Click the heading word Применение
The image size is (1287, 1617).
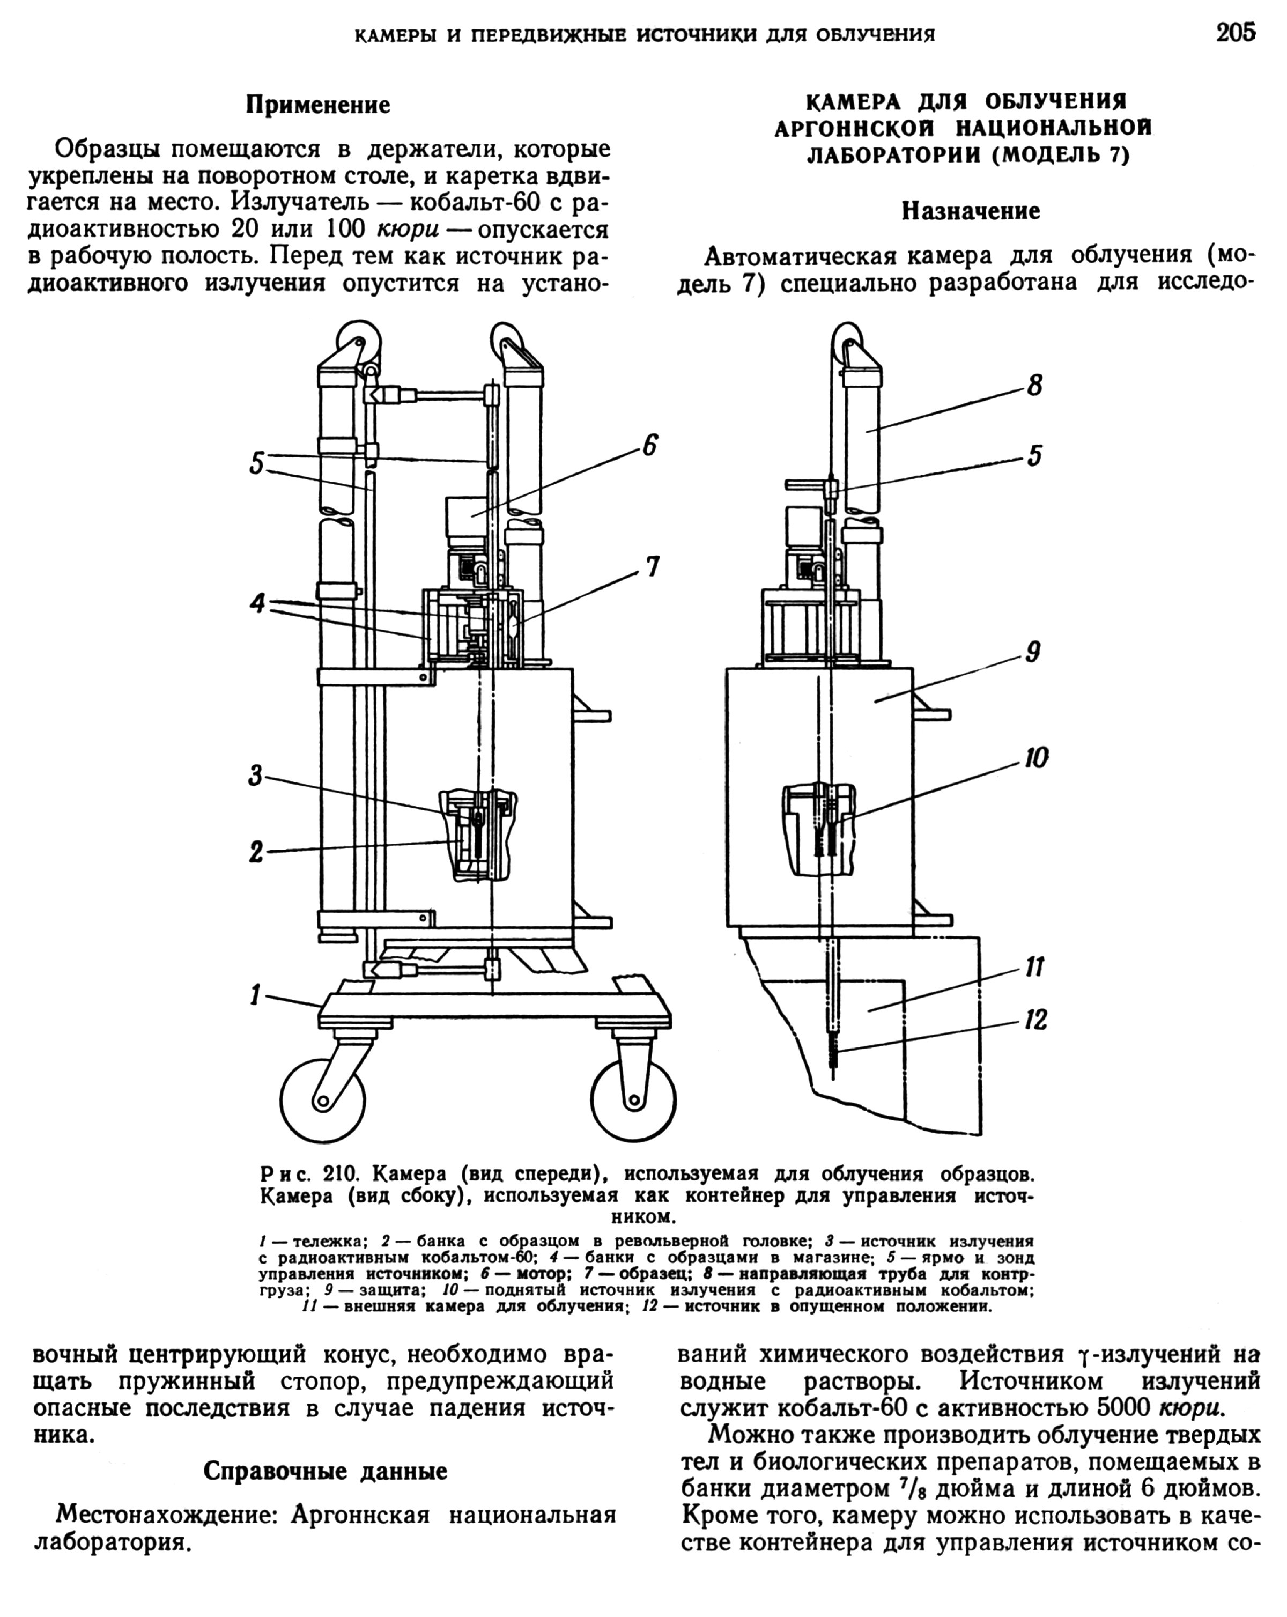[x=318, y=105]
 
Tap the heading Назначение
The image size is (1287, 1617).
[x=971, y=211]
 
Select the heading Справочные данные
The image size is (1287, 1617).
[x=326, y=1472]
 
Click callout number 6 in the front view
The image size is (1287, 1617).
[x=649, y=446]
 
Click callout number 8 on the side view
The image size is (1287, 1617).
[x=1035, y=386]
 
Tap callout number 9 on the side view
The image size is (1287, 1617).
[x=1033, y=652]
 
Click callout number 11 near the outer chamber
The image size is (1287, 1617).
[x=1034, y=968]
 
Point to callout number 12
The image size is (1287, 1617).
[x=1035, y=1019]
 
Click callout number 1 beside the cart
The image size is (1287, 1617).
[x=256, y=995]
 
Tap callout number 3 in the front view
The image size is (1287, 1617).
[x=256, y=776]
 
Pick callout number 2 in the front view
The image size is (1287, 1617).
[x=256, y=852]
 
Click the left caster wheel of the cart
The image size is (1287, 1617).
[x=322, y=1100]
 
